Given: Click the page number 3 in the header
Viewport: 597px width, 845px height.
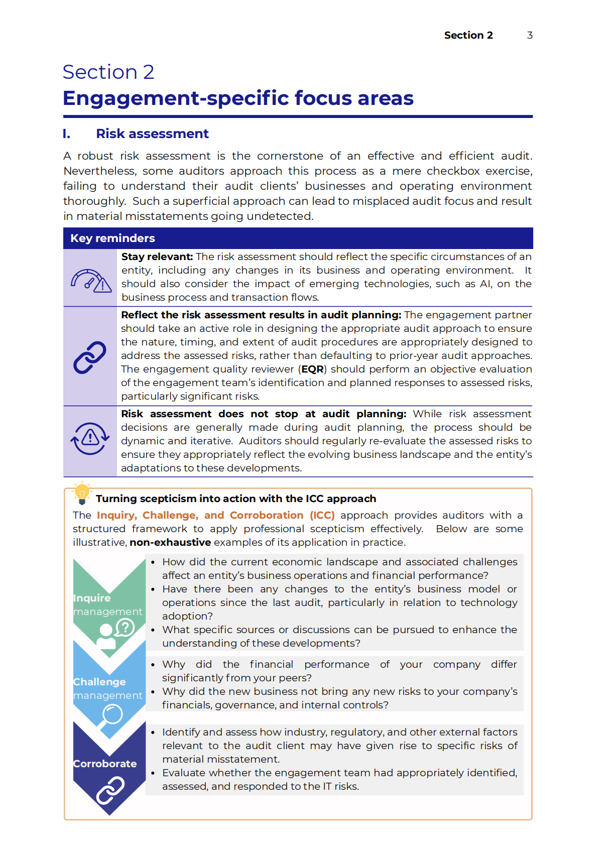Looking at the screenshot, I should (x=530, y=35).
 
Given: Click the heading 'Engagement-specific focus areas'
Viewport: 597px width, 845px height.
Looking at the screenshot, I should (x=238, y=98).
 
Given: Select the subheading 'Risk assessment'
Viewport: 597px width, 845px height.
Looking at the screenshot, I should (x=152, y=134).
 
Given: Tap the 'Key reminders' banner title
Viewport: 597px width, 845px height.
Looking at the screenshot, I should (x=112, y=238).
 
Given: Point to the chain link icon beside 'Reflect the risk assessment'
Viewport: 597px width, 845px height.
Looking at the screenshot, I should (x=90, y=357).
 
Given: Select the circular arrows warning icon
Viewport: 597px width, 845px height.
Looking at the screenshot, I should (x=90, y=438).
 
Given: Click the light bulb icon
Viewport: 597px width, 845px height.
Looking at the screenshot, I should (x=82, y=493).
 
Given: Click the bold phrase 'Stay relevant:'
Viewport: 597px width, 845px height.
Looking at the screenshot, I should (x=157, y=257).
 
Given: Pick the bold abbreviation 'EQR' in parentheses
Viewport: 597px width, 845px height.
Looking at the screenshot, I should (x=313, y=369).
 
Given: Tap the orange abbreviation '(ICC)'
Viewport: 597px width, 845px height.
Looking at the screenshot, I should (x=322, y=515).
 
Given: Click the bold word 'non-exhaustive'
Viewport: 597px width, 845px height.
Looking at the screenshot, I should (x=170, y=542).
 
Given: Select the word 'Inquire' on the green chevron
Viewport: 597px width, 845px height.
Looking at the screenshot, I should (x=92, y=598).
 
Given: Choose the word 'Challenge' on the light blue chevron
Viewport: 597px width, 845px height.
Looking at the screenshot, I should (x=99, y=682).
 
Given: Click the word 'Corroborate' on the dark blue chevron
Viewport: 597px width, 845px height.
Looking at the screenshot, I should (x=105, y=764).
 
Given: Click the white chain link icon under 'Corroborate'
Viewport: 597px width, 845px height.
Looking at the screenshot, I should (x=110, y=790).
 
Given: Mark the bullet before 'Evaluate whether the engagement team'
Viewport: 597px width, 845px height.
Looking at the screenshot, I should (x=153, y=773).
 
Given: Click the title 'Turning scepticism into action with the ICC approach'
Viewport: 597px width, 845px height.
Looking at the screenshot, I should (x=236, y=499).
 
